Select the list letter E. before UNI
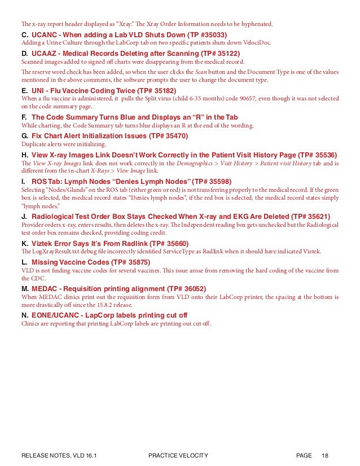(24, 90)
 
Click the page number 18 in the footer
(325, 455)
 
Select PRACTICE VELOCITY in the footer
(178, 455)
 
